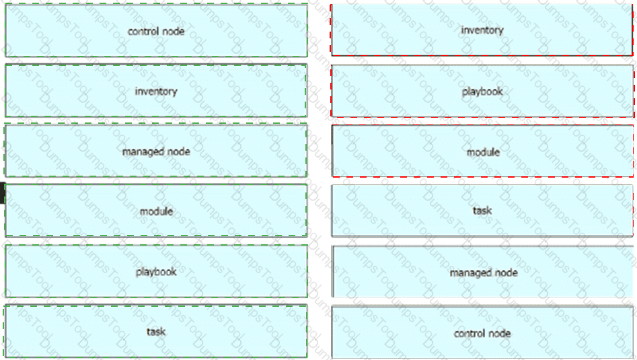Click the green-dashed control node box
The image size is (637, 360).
(x=156, y=30)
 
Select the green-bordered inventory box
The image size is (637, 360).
(x=156, y=91)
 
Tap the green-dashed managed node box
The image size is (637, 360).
(x=156, y=151)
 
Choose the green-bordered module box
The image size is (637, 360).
(x=156, y=211)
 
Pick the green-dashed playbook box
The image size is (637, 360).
(x=156, y=271)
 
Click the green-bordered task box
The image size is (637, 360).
(x=156, y=331)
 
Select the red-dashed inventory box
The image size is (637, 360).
(x=482, y=30)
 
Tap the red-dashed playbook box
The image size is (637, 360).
(x=482, y=91)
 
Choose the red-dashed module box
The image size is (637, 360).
(x=482, y=151)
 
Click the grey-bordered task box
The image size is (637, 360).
(x=482, y=211)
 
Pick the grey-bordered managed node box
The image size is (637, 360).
(x=482, y=271)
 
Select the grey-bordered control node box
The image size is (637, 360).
(x=482, y=332)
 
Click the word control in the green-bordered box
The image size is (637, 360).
(x=141, y=31)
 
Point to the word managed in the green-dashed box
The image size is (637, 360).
(x=139, y=152)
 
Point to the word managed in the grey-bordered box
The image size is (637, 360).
(x=466, y=273)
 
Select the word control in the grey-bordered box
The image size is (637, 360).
(x=467, y=334)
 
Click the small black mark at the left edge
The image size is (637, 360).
(x=2, y=193)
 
